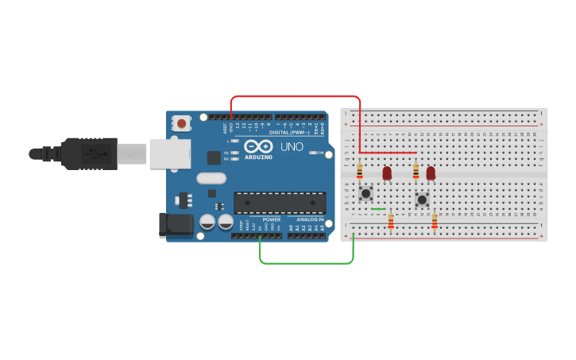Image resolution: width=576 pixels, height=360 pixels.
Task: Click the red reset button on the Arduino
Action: (x=183, y=124)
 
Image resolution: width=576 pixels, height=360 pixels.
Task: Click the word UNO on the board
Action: (x=291, y=147)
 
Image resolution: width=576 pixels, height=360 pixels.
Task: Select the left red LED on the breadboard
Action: (x=387, y=172)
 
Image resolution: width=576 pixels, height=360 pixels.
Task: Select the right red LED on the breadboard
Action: (x=431, y=172)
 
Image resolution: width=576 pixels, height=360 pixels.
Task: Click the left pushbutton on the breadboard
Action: (x=365, y=192)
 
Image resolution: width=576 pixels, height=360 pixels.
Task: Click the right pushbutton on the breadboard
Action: (x=422, y=199)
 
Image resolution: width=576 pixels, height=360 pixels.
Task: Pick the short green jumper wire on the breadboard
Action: (x=379, y=209)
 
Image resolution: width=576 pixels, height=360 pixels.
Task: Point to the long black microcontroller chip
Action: (x=279, y=203)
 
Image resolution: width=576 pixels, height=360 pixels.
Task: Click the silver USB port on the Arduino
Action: (x=170, y=153)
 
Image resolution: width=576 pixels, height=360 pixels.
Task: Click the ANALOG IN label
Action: (x=310, y=219)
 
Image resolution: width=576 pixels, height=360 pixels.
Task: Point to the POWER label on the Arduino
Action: (x=271, y=219)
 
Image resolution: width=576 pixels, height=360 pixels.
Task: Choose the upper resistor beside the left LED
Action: (x=360, y=171)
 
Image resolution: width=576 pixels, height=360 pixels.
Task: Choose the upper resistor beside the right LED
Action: (x=416, y=171)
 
